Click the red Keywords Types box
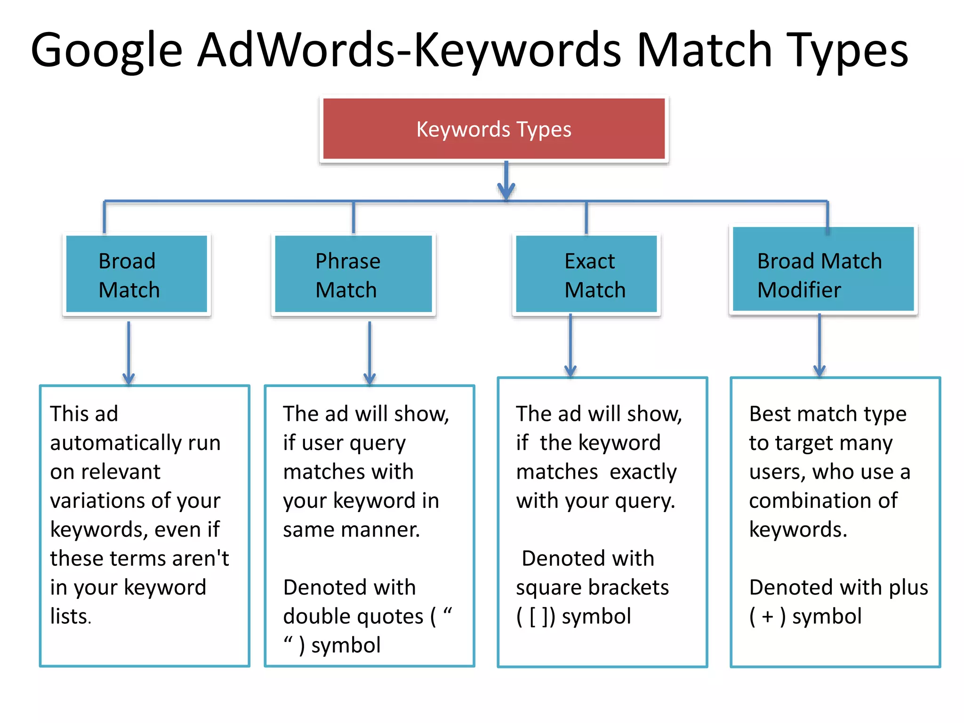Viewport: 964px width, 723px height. coord(494,129)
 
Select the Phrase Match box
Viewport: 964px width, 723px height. coord(353,274)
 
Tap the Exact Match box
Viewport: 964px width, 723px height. coord(586,274)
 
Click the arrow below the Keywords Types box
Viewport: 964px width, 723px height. coord(506,181)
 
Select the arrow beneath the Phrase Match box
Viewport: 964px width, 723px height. coord(370,353)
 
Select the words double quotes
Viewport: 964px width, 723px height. coord(353,617)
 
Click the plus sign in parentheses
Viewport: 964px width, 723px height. coord(767,617)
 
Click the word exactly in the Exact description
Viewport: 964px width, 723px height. coord(643,472)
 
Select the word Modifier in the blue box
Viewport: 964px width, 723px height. coord(799,290)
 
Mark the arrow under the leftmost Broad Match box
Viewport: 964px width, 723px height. coord(129,353)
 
